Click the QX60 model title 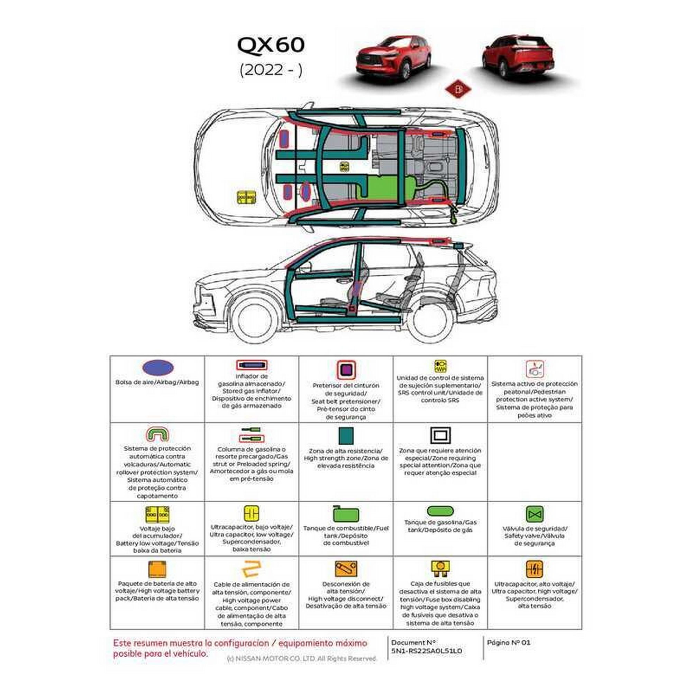click(271, 45)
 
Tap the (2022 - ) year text click(271, 70)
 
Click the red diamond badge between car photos click(457, 90)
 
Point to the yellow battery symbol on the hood click(246, 197)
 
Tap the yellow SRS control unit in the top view click(344, 166)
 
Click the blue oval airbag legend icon click(158, 367)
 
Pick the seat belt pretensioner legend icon click(346, 370)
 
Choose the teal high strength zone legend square click(346, 436)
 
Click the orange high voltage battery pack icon click(157, 569)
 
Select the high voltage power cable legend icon click(251, 569)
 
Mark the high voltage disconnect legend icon click(346, 569)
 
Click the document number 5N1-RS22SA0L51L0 click(426, 650)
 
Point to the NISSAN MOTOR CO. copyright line click(302, 658)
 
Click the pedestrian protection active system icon click(535, 369)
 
